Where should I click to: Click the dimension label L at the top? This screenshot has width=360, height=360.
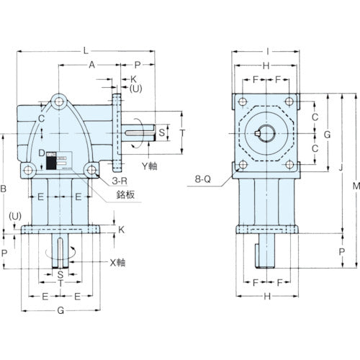(86, 50)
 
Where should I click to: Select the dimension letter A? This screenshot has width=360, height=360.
(91, 64)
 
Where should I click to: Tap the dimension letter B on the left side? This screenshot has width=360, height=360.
(6, 189)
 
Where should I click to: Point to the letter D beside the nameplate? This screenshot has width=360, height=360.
(42, 153)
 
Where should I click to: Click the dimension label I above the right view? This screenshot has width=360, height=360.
(267, 50)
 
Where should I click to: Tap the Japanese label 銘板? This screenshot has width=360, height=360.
(125, 196)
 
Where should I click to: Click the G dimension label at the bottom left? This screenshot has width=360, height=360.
(60, 311)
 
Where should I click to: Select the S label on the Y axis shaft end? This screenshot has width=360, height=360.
(161, 132)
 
